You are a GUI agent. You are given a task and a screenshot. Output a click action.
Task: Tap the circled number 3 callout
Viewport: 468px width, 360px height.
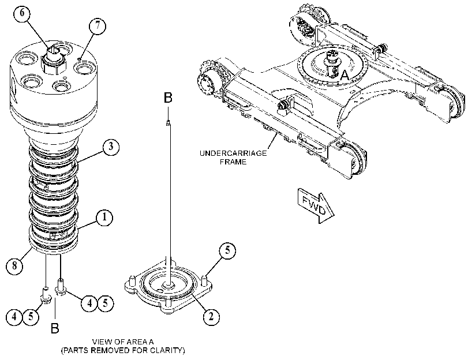(x=111, y=147)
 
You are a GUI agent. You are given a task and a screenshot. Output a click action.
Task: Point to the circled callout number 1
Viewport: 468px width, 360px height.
(x=104, y=217)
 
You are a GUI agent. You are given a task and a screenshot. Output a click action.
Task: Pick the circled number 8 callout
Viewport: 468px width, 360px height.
(x=14, y=265)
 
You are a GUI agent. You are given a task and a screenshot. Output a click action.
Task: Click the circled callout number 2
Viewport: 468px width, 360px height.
(x=211, y=316)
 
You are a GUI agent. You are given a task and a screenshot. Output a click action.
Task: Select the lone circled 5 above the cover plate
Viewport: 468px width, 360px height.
(x=227, y=250)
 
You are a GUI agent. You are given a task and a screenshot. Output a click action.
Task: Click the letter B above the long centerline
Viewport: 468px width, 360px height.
(x=169, y=97)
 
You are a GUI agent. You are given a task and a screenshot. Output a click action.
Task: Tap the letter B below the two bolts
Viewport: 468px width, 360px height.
(x=55, y=328)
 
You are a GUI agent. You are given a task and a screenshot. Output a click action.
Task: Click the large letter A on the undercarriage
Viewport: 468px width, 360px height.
(x=345, y=75)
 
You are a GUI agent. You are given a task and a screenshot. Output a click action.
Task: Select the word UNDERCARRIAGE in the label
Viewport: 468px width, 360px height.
(x=233, y=153)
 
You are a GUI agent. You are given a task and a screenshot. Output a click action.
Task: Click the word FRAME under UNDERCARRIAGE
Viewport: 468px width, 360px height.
(x=233, y=162)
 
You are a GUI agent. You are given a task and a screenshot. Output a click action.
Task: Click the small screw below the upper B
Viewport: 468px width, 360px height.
(x=169, y=122)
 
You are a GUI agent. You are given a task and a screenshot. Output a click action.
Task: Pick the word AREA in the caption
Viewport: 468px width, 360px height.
(x=135, y=342)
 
